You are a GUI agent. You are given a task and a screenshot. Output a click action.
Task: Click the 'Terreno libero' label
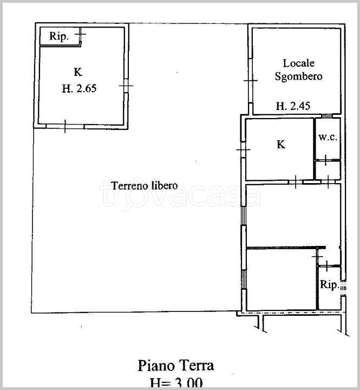tap(145, 186)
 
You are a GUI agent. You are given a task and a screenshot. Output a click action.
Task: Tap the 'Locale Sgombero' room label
tap(299, 70)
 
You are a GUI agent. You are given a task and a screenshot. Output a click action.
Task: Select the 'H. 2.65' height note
tap(79, 88)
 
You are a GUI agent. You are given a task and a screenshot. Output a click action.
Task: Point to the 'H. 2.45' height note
tap(293, 106)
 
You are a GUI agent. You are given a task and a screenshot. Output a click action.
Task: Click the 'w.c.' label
tap(328, 137)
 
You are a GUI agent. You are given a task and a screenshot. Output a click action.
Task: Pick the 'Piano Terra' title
tap(176, 366)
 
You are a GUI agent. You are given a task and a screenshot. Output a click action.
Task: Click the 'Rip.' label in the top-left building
tap(58, 36)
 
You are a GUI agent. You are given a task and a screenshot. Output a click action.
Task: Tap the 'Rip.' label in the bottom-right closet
tap(329, 284)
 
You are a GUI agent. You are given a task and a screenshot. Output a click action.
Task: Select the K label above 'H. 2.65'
tap(78, 72)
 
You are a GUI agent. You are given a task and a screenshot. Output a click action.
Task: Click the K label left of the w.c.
tap(281, 144)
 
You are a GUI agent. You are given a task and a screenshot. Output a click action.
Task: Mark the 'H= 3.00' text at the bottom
tap(176, 383)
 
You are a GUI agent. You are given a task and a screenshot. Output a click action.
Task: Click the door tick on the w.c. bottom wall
tap(326, 160)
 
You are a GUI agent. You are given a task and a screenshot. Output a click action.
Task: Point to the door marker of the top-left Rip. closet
tap(80, 34)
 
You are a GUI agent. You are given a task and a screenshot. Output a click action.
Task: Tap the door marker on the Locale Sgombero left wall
tap(251, 80)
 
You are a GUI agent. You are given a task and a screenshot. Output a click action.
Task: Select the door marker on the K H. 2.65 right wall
tap(126, 86)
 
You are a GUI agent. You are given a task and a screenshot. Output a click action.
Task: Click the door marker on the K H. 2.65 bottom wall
tap(65, 126)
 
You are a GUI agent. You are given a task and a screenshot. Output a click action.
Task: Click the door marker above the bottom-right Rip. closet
tap(326, 265)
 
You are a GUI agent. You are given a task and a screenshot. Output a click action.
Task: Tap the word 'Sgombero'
tap(299, 76)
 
